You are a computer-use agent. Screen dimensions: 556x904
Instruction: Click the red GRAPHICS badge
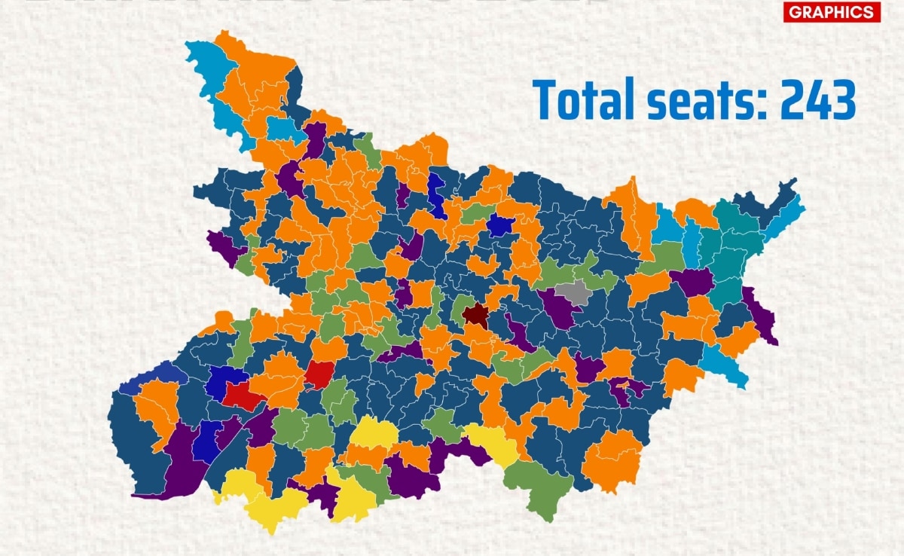coord(832,12)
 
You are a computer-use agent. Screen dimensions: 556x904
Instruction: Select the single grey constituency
coord(575,292)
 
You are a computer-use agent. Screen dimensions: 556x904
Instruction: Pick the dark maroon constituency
coord(475,314)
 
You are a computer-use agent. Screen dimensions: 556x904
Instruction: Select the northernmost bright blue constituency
coord(436,193)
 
